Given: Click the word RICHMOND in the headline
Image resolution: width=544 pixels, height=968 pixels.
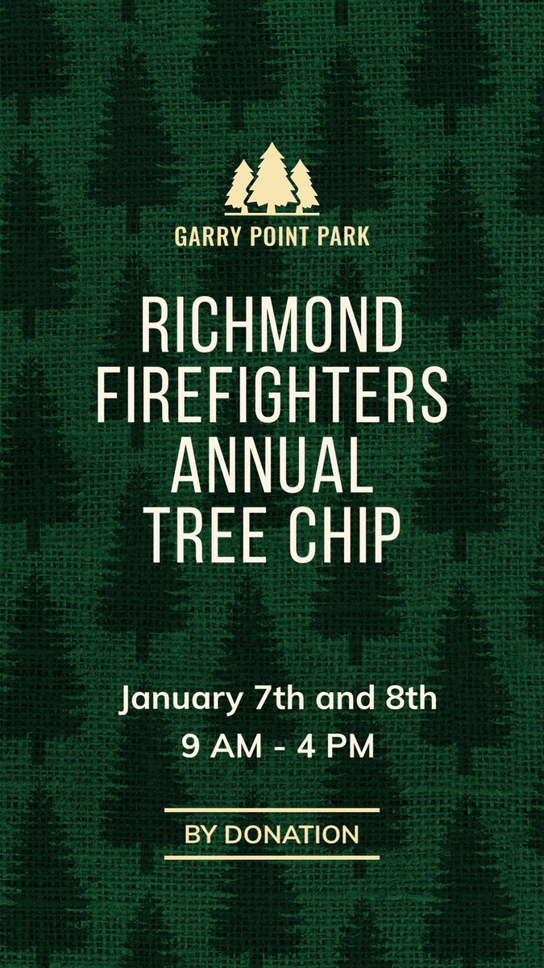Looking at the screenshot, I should tap(272, 324).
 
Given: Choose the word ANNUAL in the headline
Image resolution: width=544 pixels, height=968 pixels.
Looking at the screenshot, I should tap(272, 468).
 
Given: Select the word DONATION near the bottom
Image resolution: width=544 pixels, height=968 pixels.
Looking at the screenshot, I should tap(292, 834).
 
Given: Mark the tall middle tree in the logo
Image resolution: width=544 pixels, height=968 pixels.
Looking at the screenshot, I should tap(272, 179).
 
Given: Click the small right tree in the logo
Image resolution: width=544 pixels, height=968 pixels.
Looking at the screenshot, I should tap(304, 187).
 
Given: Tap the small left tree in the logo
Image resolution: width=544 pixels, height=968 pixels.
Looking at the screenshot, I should tap(239, 187).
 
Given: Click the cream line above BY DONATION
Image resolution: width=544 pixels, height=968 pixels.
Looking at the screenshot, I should tap(272, 810).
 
